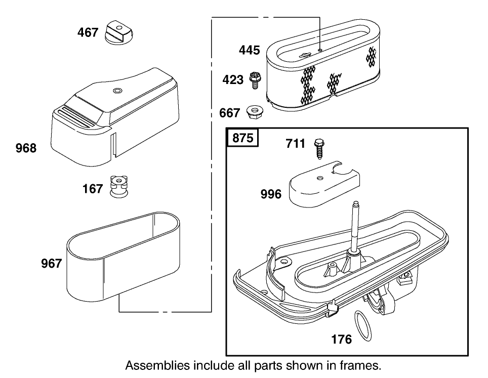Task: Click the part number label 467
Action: point(88,33)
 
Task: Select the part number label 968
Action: point(26,148)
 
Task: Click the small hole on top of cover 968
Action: point(117,91)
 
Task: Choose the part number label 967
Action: point(51,264)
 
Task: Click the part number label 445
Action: point(250,50)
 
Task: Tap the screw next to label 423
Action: point(255,79)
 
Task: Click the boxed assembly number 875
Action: point(243,138)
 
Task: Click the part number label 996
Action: point(271,194)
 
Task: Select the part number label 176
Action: point(341,340)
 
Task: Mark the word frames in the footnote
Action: point(359,365)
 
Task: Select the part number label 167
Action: point(93,190)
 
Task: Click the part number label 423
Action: point(233,80)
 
